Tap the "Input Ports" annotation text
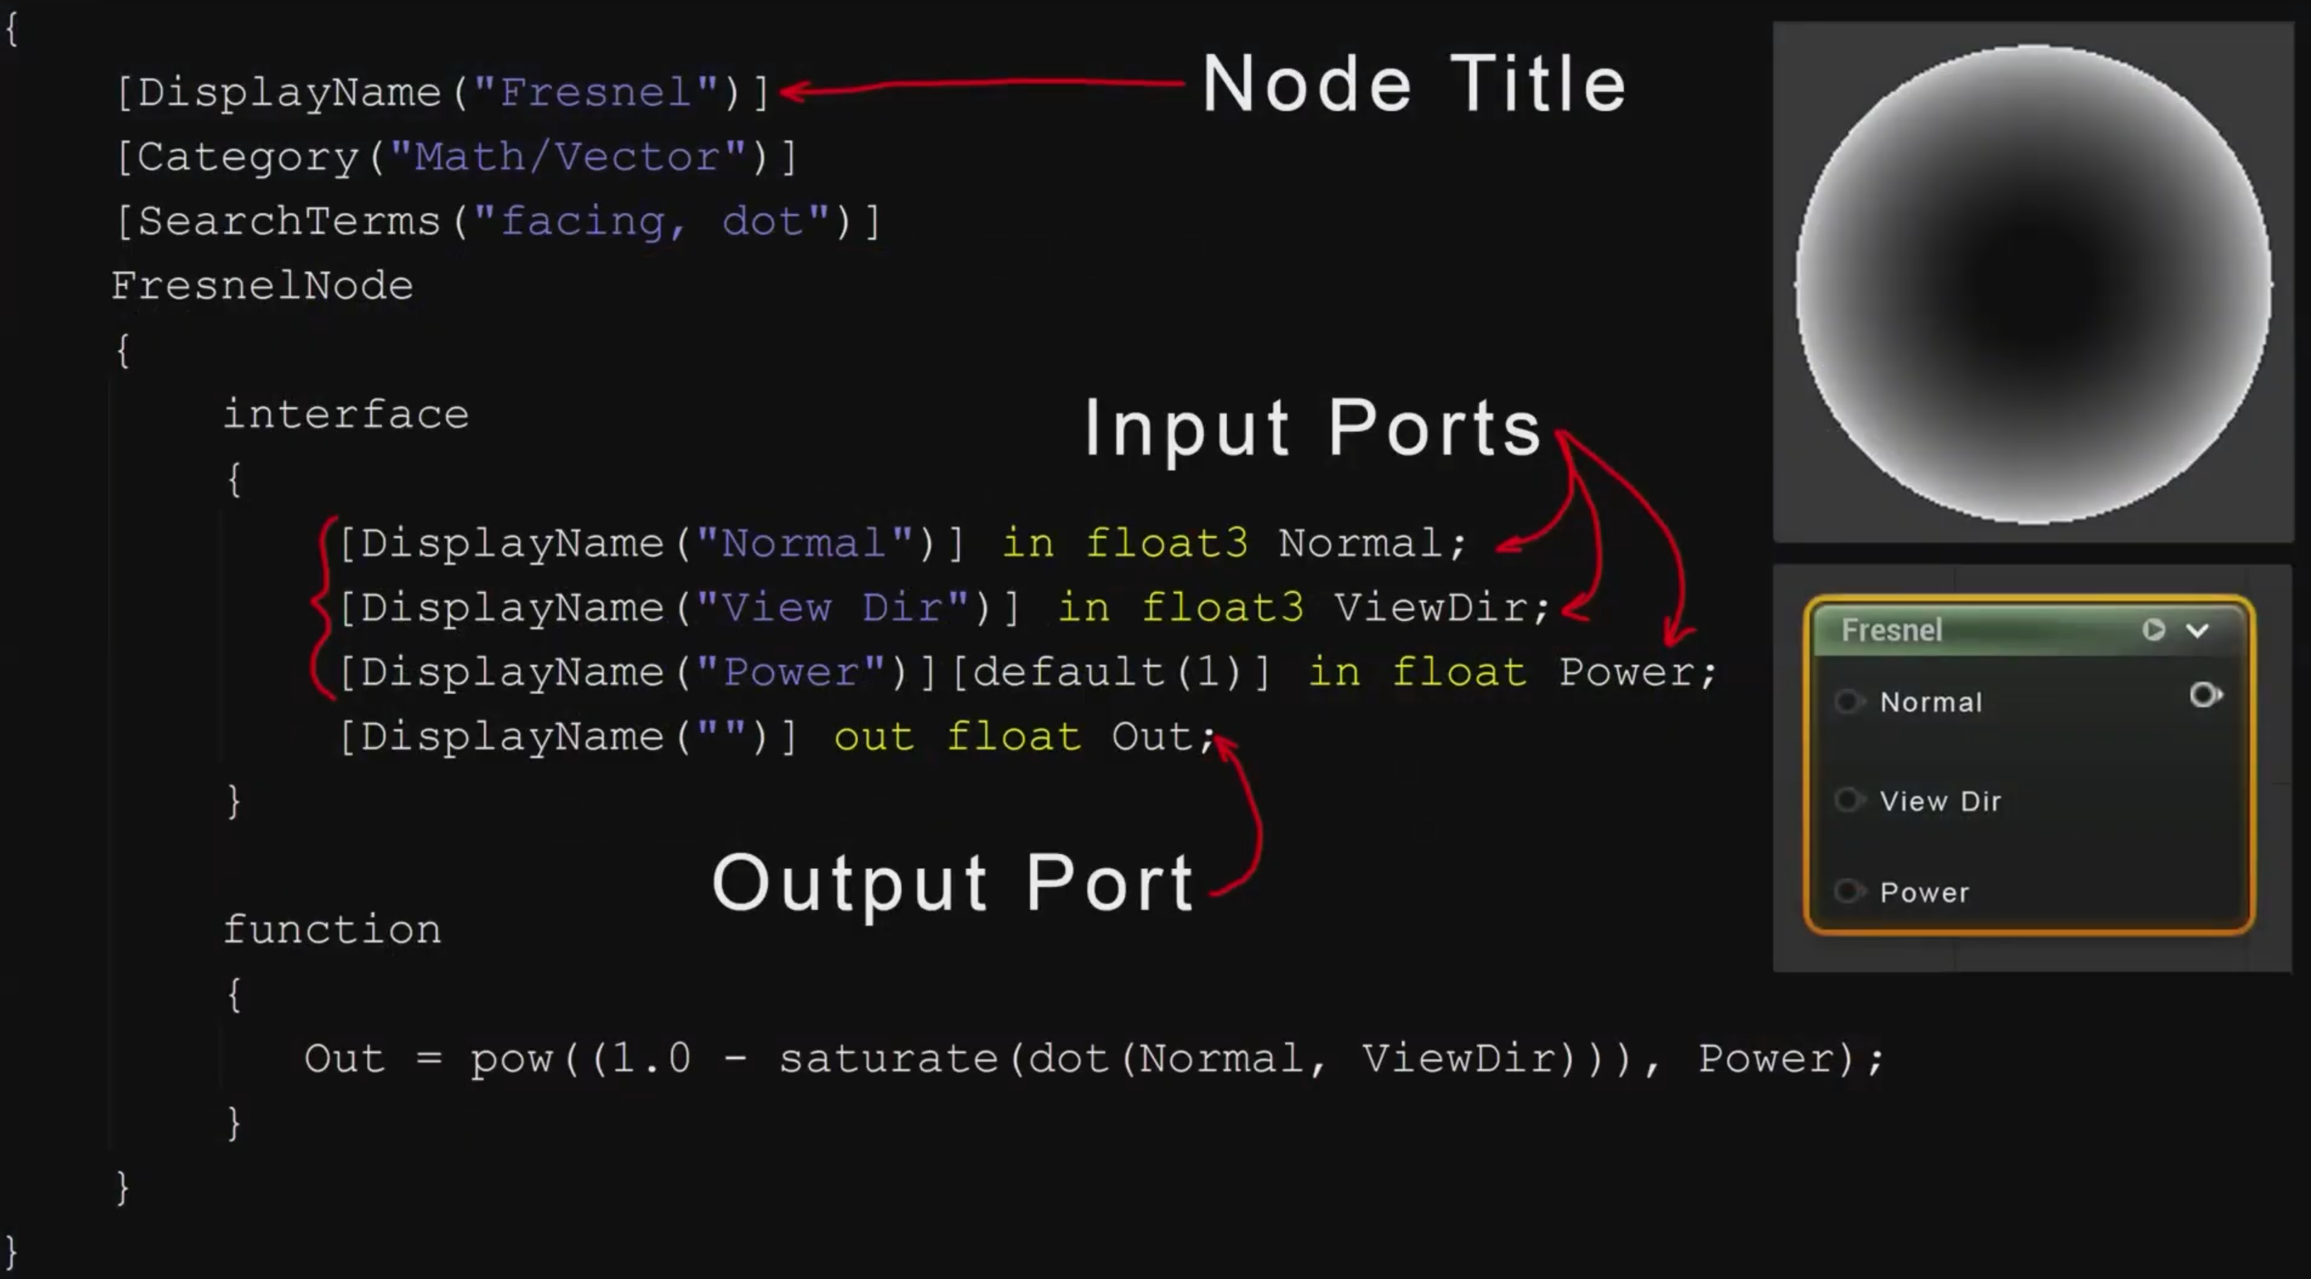tap(1312, 428)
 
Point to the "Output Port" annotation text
tap(953, 883)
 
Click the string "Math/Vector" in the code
tap(568, 158)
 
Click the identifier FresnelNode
tap(262, 286)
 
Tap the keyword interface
tap(345, 415)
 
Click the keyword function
tap(332, 930)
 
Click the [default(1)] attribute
tap(1111, 673)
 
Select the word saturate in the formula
tap(888, 1059)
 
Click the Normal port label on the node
tap(1930, 702)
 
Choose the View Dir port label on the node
tap(1939, 801)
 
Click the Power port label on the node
tap(1924, 892)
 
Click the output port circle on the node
tap(2204, 695)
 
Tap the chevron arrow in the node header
tap(2197, 631)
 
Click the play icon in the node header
tap(2153, 629)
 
